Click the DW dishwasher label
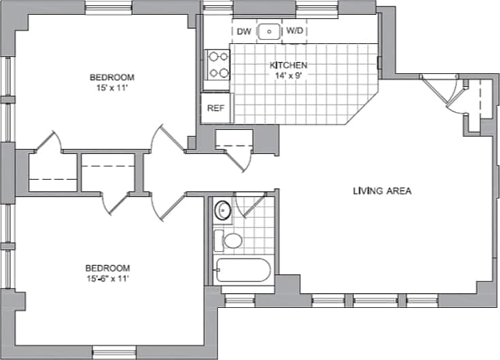pyautogui.click(x=245, y=31)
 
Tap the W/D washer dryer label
pyautogui.click(x=295, y=31)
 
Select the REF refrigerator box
pyautogui.click(x=216, y=108)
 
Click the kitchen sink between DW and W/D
pyautogui.click(x=270, y=31)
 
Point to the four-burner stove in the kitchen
pyautogui.click(x=218, y=65)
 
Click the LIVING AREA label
pyautogui.click(x=381, y=191)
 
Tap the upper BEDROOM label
pyautogui.click(x=112, y=77)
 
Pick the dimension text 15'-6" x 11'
pyautogui.click(x=107, y=278)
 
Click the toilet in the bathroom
pyautogui.click(x=232, y=241)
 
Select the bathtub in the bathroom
pyautogui.click(x=241, y=271)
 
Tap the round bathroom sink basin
pyautogui.click(x=223, y=210)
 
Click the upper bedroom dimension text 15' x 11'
pyautogui.click(x=112, y=87)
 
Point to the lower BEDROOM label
pyautogui.click(x=107, y=268)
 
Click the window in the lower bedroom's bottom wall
pyautogui.click(x=114, y=352)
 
